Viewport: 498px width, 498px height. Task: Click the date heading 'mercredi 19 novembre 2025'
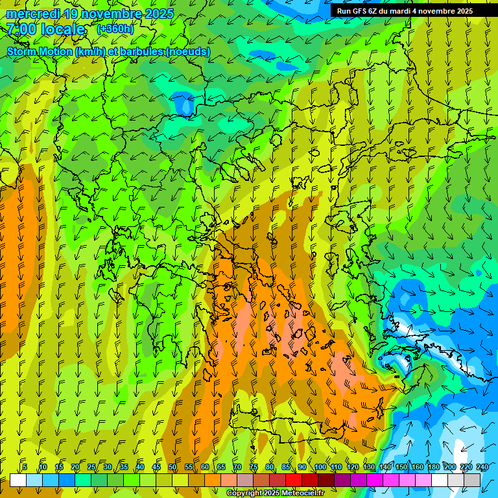coord(90,14)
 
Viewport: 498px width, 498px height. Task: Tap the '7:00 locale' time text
coord(45,29)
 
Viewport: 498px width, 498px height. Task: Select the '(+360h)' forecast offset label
coord(115,29)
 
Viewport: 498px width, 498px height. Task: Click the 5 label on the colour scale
coord(25,468)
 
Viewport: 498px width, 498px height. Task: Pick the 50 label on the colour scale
coord(172,468)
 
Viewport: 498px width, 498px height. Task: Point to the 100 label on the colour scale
coord(320,468)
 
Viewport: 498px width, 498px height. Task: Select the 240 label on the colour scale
coord(482,468)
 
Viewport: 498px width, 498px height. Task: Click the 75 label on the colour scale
coord(254,468)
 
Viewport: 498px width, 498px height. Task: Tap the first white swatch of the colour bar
coord(18,480)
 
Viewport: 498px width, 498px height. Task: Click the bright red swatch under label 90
coord(294,480)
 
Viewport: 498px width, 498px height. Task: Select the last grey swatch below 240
coord(472,480)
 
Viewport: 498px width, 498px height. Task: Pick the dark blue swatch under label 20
coord(67,480)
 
